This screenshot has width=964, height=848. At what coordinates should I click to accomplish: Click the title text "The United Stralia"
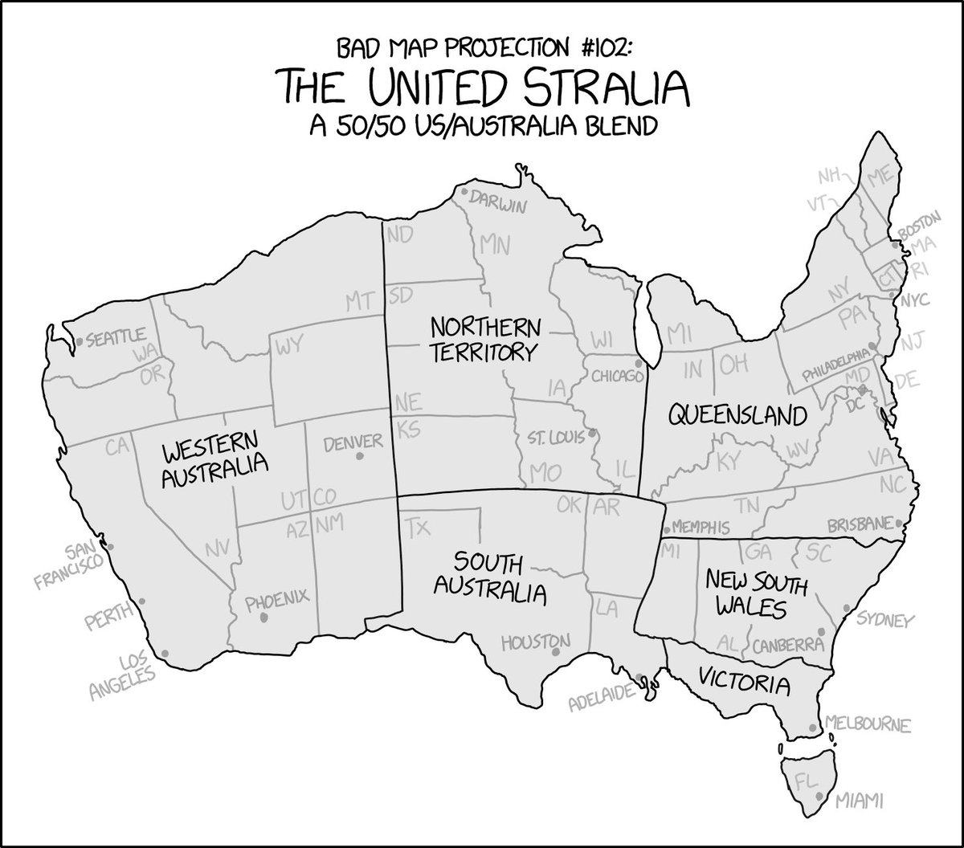tap(482, 87)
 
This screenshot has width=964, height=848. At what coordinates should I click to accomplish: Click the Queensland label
tap(737, 415)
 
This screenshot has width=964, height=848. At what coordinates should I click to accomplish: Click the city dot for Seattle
tap(79, 342)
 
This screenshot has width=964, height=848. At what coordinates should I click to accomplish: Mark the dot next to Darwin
tap(464, 193)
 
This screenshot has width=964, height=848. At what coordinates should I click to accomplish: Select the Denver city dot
tap(359, 456)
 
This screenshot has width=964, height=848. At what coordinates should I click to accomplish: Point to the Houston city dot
tap(555, 652)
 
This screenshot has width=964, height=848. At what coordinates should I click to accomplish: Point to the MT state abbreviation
tap(361, 301)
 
